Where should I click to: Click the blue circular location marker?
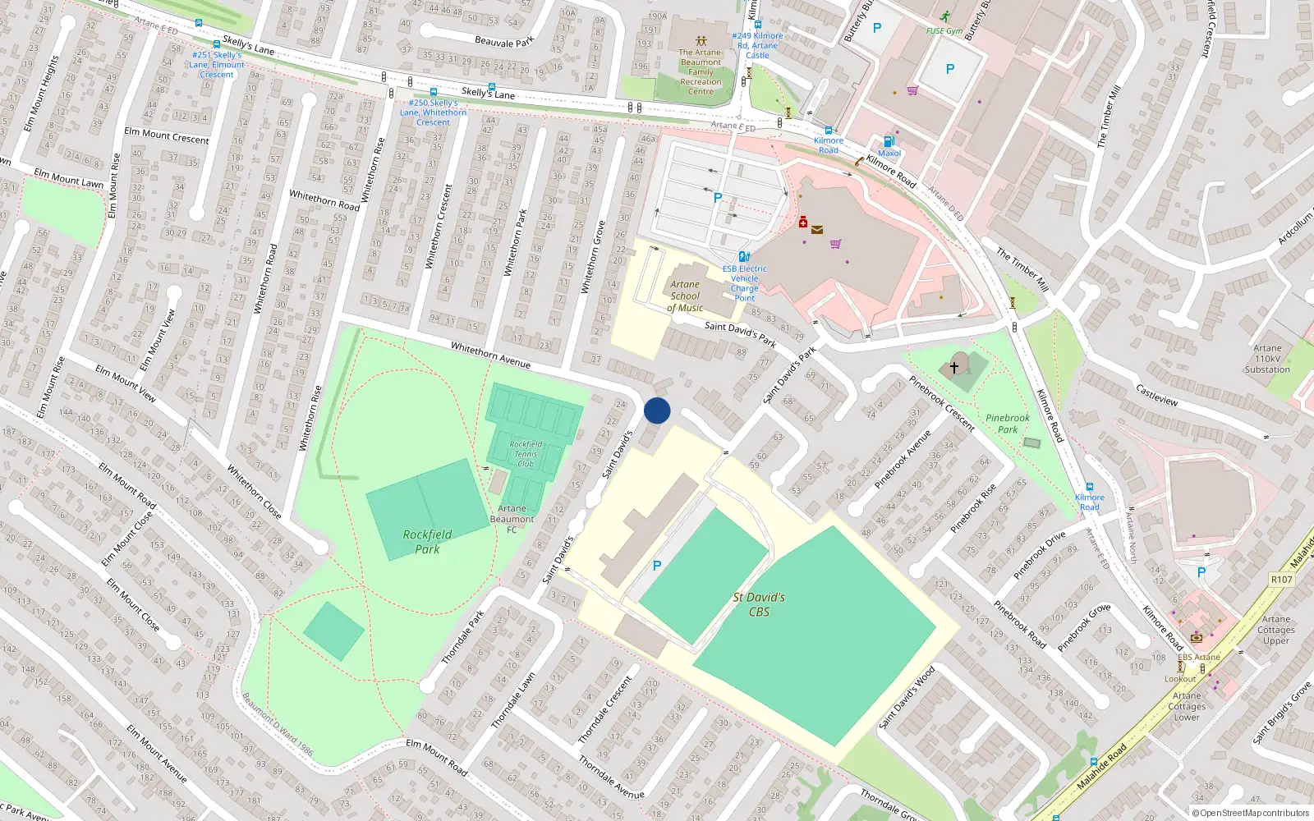[657, 410]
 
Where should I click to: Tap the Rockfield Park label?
[427, 542]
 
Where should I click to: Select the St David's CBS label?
[759, 604]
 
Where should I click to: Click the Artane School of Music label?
[685, 296]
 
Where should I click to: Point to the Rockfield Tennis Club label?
[526, 454]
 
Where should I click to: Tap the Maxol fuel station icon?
[888, 141]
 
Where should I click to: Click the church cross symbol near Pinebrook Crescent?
[954, 367]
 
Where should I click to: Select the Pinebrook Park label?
[1008, 424]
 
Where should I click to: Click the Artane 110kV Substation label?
[1267, 359]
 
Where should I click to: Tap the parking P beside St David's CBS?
[656, 566]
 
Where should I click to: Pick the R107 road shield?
[1281, 580]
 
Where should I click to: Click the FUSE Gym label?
[944, 31]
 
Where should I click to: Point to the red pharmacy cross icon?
[803, 222]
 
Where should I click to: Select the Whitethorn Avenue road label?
[490, 355]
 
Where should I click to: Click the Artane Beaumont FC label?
[512, 519]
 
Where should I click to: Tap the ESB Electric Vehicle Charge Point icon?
[744, 257]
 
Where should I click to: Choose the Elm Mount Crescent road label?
[167, 135]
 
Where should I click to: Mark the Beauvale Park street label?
[504, 41]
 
